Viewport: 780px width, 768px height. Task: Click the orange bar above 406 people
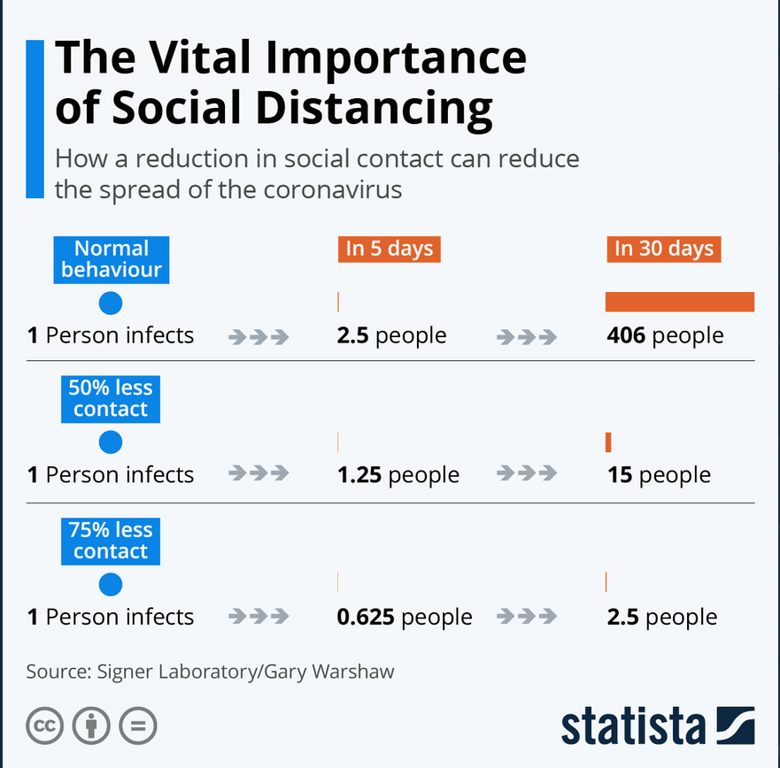679,302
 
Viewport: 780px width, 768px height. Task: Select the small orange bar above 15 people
608,442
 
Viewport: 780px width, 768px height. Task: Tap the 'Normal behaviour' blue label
111,259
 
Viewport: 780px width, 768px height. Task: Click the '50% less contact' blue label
111,399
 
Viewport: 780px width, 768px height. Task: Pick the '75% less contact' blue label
111,541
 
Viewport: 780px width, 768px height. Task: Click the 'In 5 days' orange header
389,249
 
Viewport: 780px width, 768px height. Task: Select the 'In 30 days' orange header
663,249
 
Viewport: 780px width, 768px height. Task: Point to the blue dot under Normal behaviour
111,303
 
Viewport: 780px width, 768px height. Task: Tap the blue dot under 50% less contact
111,442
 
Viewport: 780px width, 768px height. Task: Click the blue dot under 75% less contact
111,584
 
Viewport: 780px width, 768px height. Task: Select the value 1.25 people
398,475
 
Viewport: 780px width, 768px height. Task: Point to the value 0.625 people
404,617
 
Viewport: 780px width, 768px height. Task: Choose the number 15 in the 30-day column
619,475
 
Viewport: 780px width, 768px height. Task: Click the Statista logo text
633,726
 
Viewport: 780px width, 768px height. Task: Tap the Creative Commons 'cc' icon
44,726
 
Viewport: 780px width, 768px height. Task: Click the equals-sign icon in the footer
137,726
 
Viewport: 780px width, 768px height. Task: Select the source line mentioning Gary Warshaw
210,672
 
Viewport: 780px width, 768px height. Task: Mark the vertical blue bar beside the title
35,119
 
